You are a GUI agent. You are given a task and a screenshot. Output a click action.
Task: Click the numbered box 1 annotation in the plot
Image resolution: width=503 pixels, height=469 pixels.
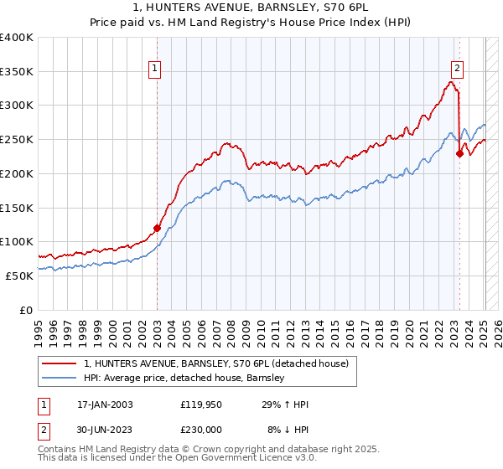pyautogui.click(x=156, y=70)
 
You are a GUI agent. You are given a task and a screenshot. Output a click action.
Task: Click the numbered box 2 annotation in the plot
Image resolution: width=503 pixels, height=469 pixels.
pyautogui.click(x=457, y=70)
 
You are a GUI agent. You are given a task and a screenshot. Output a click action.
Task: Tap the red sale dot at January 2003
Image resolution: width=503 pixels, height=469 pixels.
pyautogui.click(x=157, y=227)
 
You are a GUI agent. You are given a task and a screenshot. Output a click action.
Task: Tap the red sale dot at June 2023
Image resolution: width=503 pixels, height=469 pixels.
pyautogui.click(x=459, y=153)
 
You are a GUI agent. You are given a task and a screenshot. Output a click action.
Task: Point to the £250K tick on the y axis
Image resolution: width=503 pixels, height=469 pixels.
pyautogui.click(x=17, y=140)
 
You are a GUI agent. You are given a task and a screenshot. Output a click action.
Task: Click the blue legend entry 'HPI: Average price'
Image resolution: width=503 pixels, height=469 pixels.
pyautogui.click(x=184, y=378)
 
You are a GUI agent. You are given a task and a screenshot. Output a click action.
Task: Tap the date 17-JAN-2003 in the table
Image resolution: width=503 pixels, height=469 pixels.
pyautogui.click(x=101, y=405)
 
